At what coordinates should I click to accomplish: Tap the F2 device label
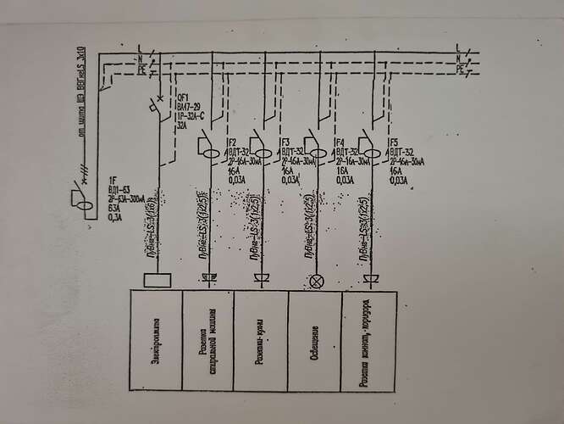(x=232, y=142)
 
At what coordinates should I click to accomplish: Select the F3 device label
(x=286, y=142)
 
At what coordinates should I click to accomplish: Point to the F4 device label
(x=340, y=142)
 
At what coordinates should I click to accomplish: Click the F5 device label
(x=394, y=142)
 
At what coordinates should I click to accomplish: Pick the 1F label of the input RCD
(x=111, y=180)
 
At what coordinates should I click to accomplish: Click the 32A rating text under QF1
(x=181, y=125)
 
